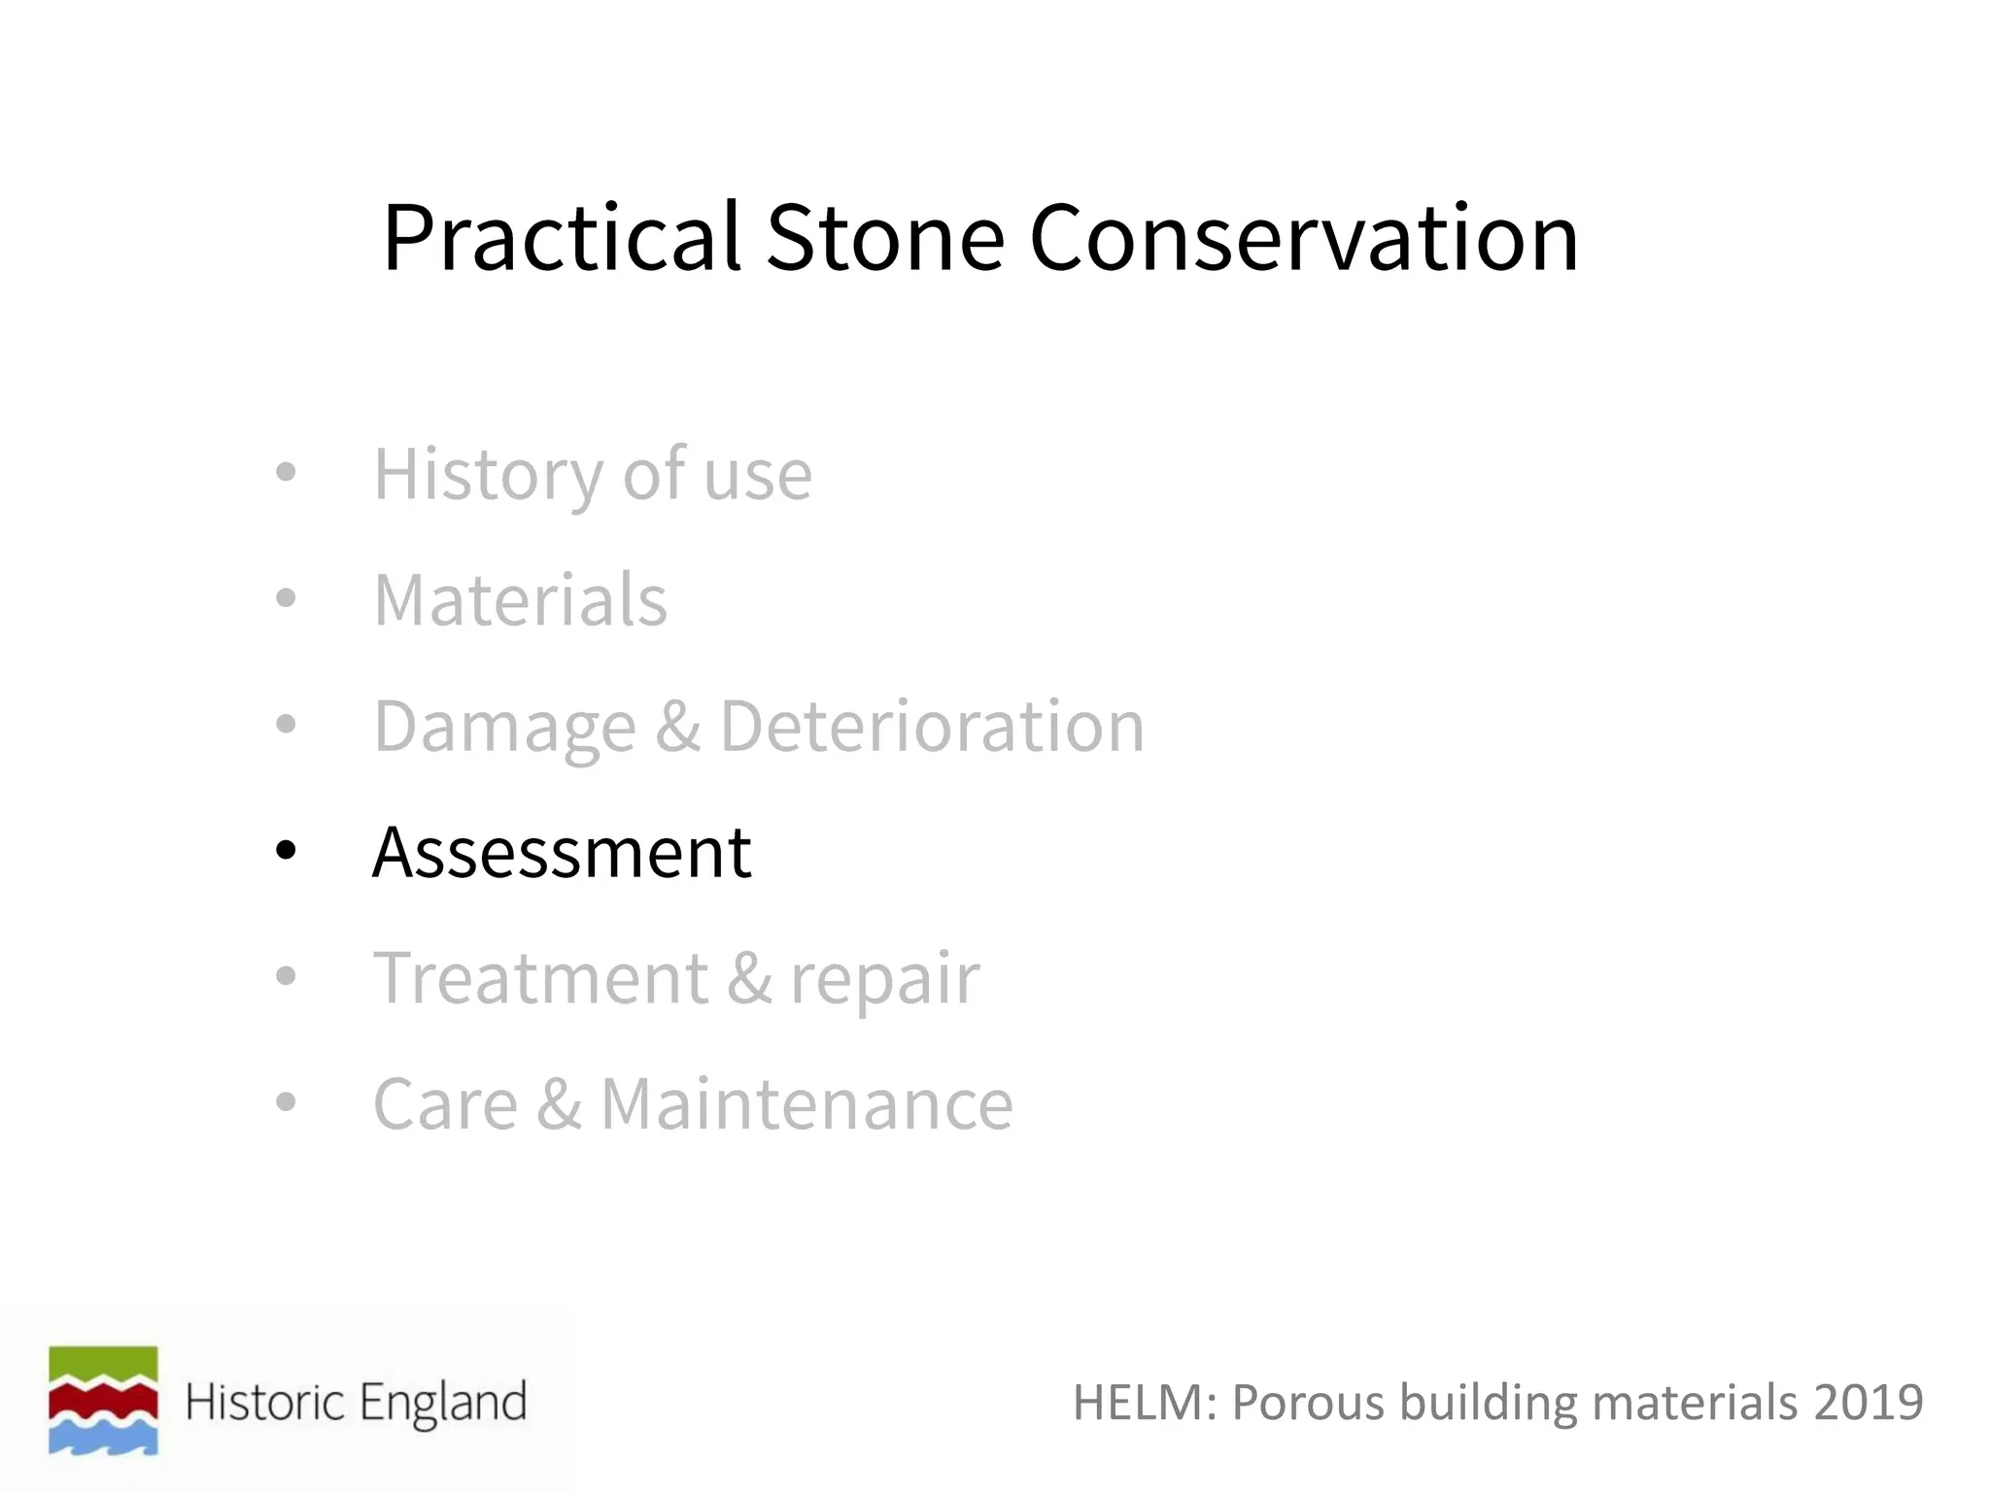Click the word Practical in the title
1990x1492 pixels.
pos(562,239)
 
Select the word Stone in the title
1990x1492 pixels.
pos(884,239)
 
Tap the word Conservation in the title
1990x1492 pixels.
pos(1303,239)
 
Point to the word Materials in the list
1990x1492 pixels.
pos(521,600)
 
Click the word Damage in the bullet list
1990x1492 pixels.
pos(505,727)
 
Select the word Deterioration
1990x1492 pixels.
pos(932,726)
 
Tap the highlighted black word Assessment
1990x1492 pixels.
pos(562,852)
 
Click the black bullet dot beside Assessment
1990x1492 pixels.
pos(285,851)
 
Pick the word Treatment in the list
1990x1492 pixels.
pos(540,978)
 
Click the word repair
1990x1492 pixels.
pos(884,979)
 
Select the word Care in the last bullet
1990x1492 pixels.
pos(446,1104)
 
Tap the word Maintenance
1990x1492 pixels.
pos(806,1104)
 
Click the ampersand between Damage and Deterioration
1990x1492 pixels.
pos(677,726)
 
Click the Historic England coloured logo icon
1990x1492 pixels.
pos(103,1400)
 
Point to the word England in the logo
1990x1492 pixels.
pos(442,1403)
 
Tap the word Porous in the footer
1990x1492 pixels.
pos(1308,1403)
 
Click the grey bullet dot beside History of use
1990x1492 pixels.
pos(285,473)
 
